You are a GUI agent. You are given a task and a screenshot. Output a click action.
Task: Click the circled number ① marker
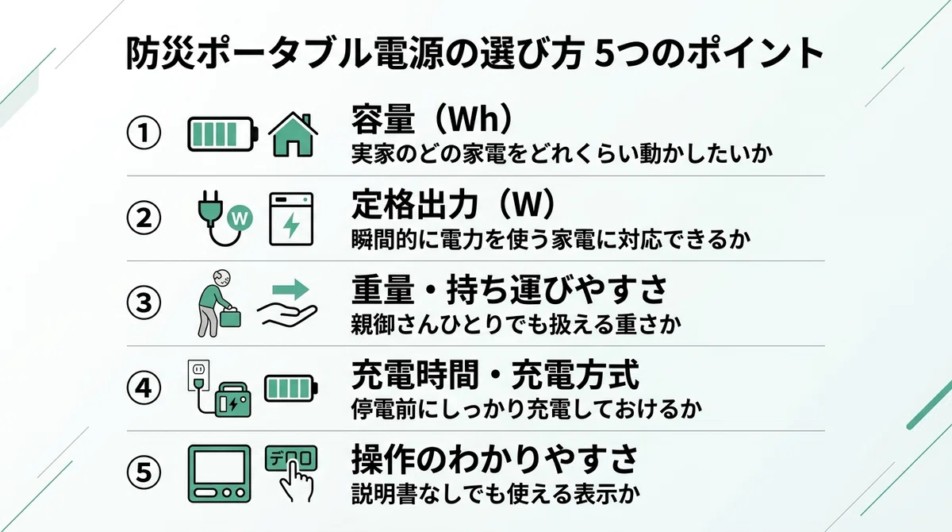click(144, 133)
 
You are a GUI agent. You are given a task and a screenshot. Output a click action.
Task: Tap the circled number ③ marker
click(144, 303)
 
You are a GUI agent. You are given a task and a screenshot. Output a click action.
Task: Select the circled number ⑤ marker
click(144, 472)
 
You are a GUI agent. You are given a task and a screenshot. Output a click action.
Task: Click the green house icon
click(294, 134)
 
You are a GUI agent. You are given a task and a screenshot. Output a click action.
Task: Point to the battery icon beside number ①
click(223, 134)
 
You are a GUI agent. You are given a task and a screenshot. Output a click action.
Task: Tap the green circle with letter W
click(240, 218)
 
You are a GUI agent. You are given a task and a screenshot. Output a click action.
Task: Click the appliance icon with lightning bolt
click(292, 219)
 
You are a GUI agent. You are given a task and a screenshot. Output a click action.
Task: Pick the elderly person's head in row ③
click(222, 279)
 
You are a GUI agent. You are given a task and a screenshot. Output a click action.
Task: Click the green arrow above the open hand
click(290, 290)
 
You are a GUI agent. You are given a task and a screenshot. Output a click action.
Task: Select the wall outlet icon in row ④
click(199, 376)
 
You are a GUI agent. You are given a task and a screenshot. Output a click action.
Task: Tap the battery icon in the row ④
click(291, 388)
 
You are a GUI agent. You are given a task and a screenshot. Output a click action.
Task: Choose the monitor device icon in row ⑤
click(219, 474)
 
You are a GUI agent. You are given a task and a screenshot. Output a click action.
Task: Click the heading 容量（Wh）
click(432, 119)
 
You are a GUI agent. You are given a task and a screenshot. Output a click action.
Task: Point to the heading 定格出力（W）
click(453, 205)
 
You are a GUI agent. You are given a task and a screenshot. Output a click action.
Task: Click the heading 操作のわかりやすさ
click(494, 459)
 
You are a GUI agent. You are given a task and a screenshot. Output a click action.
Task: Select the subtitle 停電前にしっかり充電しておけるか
click(526, 409)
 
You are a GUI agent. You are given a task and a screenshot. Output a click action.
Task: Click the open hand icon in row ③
click(287, 315)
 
